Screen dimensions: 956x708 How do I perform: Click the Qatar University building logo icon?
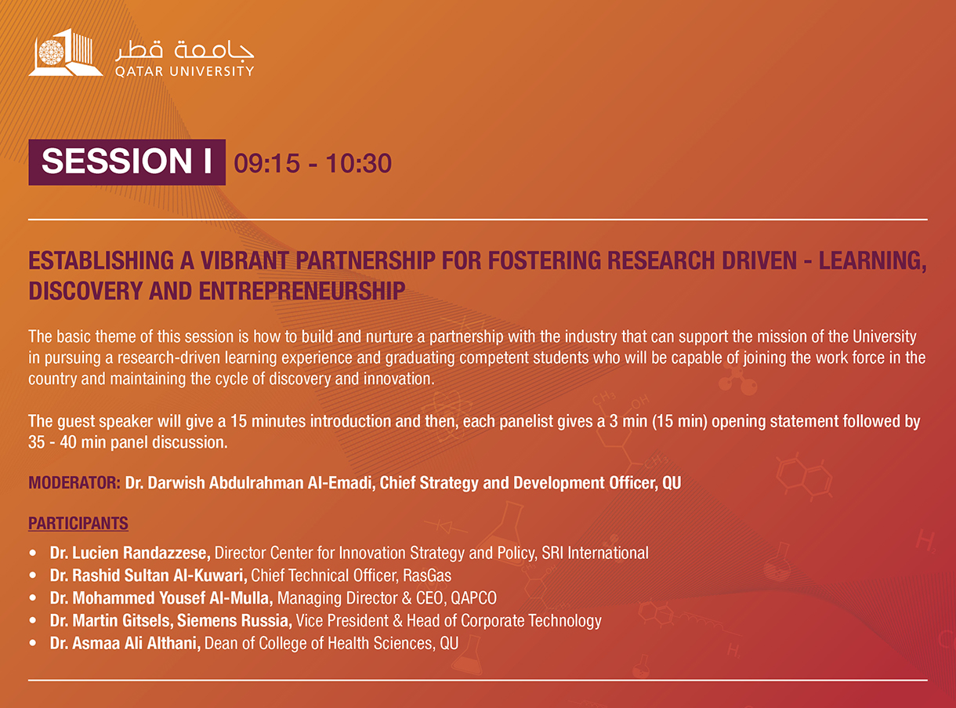coord(66,53)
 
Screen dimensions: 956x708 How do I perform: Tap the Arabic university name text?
coord(184,49)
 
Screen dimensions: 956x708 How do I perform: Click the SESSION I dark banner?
coord(127,162)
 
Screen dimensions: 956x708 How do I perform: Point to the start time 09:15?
coord(266,163)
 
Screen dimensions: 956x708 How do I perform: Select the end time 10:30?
coord(358,163)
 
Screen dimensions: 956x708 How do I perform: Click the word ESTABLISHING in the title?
coord(101,260)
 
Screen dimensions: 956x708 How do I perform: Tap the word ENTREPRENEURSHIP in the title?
coord(302,291)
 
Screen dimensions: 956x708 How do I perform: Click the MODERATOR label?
coord(74,483)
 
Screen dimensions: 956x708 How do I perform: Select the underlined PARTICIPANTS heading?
coord(78,523)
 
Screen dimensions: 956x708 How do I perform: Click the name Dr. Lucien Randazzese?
coord(130,553)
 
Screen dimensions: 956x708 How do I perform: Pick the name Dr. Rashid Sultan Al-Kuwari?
coord(148,575)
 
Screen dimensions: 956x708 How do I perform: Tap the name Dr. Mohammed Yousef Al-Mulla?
coord(161,598)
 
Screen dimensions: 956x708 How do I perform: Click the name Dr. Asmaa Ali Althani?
coord(125,643)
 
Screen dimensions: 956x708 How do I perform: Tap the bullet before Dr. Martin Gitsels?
coord(33,620)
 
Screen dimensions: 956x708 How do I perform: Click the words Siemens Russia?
coord(234,620)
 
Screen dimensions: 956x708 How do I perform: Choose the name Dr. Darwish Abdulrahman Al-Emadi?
coord(248,483)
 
